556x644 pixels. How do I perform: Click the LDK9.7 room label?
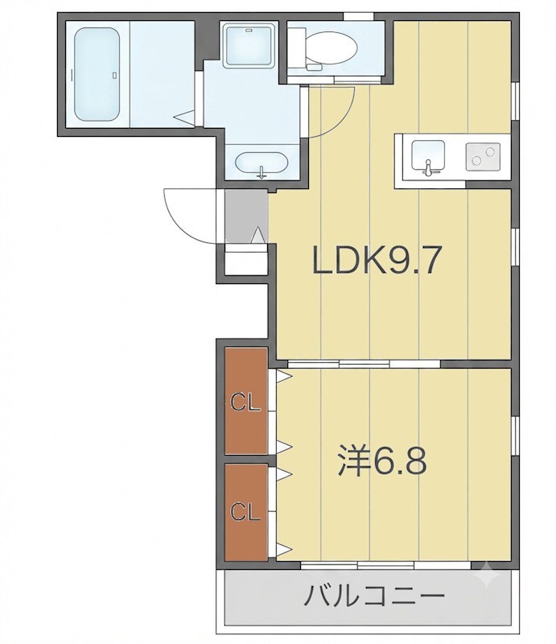376,259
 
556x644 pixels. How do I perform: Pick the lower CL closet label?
245,512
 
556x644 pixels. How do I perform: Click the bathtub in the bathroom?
97,74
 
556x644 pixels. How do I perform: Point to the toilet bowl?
331,48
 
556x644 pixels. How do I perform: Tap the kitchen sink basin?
428,155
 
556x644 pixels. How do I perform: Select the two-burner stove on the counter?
483,157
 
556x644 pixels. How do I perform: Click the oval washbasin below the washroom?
262,163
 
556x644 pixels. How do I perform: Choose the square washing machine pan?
249,45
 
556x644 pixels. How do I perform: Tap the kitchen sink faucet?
428,168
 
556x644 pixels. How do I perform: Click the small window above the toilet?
359,16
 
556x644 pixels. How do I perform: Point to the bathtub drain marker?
114,75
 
